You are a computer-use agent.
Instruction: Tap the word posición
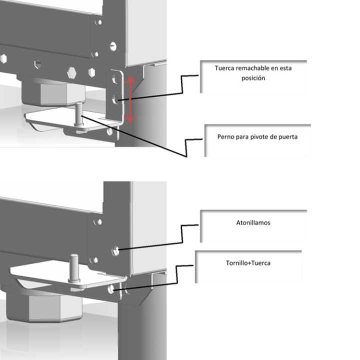point(253,78)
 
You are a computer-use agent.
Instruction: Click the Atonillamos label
point(253,222)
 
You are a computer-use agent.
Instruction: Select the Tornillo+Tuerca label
point(248,262)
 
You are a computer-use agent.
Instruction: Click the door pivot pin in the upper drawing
point(79,114)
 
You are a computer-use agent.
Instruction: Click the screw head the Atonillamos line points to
point(115,250)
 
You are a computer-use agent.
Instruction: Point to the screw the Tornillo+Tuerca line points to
point(111,289)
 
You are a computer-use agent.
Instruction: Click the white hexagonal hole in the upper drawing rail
point(71,73)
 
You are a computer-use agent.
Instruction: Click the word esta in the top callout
point(285,68)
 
